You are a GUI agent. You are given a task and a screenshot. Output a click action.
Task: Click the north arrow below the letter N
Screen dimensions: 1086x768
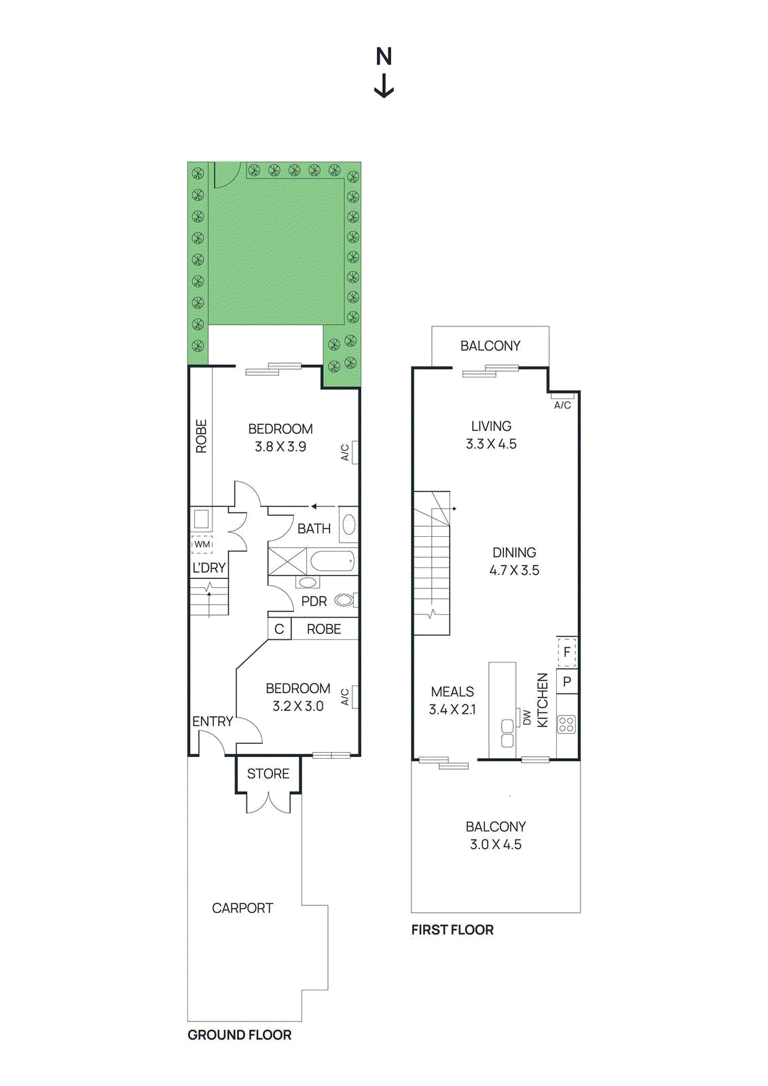[x=384, y=86]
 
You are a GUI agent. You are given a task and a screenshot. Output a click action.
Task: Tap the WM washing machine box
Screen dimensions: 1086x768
[x=202, y=544]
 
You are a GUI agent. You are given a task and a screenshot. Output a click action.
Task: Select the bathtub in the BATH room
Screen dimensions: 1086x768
[x=332, y=561]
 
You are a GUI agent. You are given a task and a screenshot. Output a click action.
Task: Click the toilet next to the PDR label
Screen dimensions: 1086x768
[x=344, y=600]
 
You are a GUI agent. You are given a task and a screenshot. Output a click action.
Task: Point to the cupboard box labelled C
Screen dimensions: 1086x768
[x=279, y=629]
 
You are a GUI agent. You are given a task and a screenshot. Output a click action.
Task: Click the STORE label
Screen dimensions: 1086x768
[x=268, y=774]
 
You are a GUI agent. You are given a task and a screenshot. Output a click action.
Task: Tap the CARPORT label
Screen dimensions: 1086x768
[x=242, y=908]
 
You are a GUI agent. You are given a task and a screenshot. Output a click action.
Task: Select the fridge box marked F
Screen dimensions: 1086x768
[x=567, y=652]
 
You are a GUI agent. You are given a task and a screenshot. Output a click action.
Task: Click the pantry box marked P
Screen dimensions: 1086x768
[x=567, y=681]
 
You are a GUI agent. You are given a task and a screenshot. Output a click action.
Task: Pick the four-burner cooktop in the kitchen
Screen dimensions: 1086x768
[x=566, y=724]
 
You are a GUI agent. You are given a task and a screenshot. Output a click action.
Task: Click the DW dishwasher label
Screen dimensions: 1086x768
[x=527, y=718]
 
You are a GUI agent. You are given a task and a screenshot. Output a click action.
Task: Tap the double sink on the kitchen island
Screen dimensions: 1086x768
[x=507, y=734]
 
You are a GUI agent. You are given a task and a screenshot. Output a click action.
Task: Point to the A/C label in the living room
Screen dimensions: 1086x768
[x=562, y=405]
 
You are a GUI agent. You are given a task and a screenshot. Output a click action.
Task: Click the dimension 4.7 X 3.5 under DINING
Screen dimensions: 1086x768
[x=514, y=571]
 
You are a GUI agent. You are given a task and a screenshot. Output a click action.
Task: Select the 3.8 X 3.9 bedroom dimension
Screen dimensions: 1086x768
[x=280, y=447]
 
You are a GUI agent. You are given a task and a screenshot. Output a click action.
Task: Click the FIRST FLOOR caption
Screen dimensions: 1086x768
[x=452, y=930]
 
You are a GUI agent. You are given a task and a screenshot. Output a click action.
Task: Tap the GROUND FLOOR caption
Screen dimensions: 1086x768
[x=239, y=1035]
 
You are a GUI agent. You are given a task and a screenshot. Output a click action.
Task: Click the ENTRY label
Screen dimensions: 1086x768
[x=212, y=722]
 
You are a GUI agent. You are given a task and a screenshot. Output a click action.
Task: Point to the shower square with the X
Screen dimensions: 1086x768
[x=287, y=561]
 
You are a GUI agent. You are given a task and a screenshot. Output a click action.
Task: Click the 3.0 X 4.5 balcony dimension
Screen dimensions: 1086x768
[x=496, y=845]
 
